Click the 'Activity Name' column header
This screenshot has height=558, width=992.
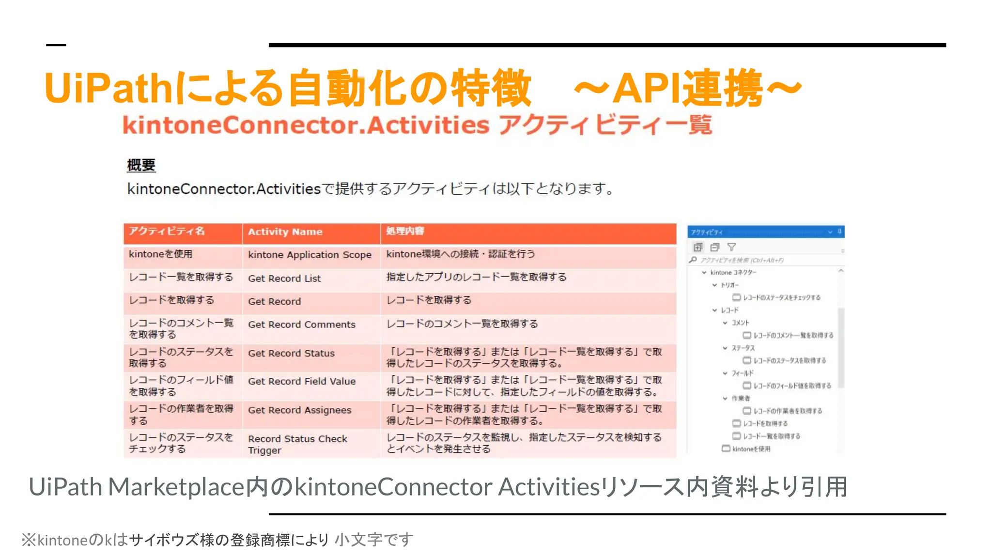tap(285, 232)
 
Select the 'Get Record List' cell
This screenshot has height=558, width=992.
tap(284, 279)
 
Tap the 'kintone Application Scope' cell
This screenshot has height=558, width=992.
tap(310, 255)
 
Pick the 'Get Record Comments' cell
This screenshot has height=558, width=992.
tap(301, 325)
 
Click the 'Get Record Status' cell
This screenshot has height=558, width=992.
tap(291, 354)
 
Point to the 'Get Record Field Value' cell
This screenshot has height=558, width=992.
tap(302, 382)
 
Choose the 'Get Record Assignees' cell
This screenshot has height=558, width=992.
tap(299, 410)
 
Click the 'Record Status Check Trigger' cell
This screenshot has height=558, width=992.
tap(297, 444)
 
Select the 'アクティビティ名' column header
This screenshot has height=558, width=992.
tap(167, 232)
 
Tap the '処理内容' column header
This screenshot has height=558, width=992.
tap(405, 232)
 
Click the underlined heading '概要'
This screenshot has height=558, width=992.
tap(141, 165)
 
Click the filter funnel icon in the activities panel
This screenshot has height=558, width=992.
tap(731, 247)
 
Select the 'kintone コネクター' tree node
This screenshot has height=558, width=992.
tap(733, 273)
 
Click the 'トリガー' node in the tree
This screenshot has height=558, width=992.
tap(729, 285)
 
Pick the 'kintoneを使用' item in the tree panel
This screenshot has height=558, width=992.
tap(751, 449)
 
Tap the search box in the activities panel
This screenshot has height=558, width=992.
tap(765, 260)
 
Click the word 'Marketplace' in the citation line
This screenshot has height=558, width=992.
tap(176, 487)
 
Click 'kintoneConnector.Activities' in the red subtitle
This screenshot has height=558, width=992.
tap(306, 125)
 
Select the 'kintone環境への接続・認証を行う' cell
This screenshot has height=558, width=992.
tap(460, 254)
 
